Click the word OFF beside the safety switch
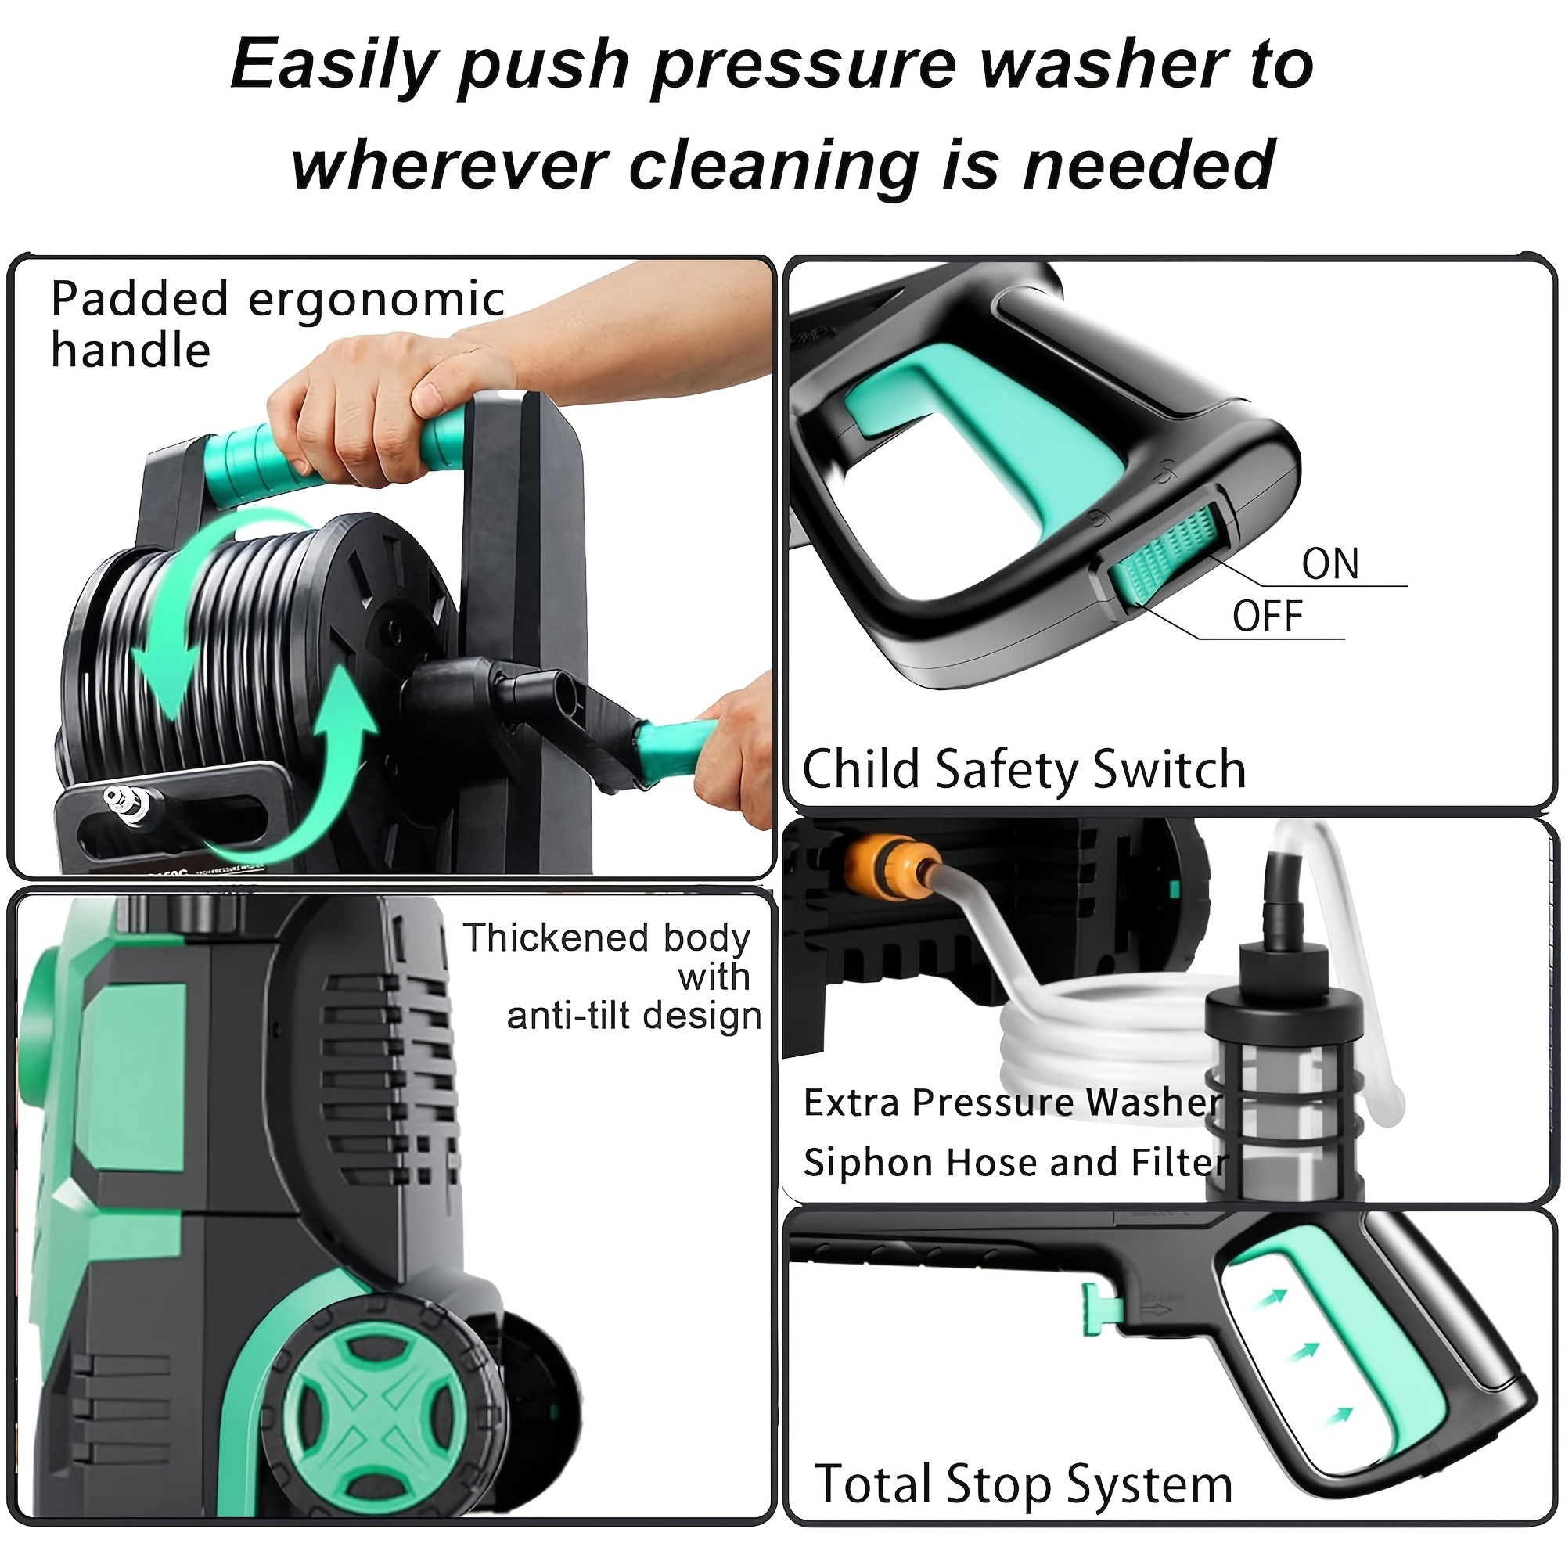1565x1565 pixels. (x=1268, y=617)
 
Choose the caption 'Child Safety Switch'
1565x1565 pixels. (x=1023, y=768)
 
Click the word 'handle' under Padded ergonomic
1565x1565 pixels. (x=131, y=351)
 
